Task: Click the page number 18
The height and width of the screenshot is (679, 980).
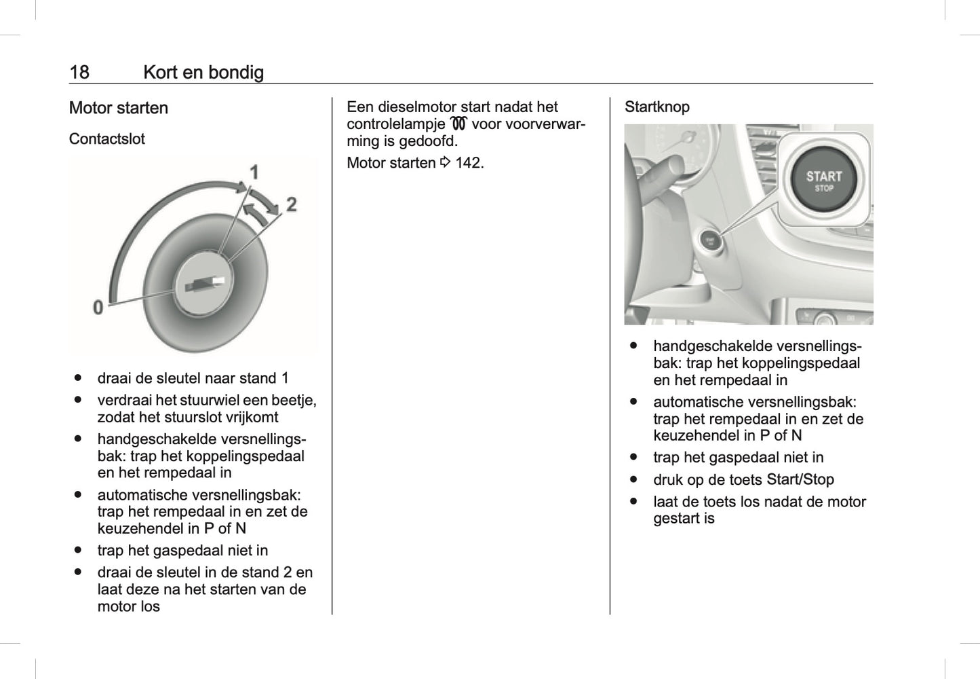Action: click(x=79, y=72)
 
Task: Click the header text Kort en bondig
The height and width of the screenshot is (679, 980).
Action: click(x=203, y=72)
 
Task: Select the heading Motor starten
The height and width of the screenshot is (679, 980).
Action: click(x=119, y=108)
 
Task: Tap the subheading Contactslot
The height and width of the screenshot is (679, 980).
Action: click(x=107, y=139)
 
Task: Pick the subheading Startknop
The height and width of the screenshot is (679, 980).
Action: click(x=656, y=107)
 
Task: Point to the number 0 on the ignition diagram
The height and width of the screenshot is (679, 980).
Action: click(x=98, y=307)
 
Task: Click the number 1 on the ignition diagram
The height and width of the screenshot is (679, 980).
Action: click(x=254, y=172)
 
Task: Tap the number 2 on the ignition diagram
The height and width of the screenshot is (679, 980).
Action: click(x=291, y=204)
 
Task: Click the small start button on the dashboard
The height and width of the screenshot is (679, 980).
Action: click(x=709, y=240)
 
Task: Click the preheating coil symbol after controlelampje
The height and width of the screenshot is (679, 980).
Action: click(x=458, y=124)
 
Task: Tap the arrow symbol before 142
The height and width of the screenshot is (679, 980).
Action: click(x=445, y=163)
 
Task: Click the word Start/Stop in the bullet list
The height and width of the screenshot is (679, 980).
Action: click(x=800, y=479)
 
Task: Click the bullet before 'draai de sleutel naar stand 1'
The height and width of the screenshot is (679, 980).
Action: click(x=79, y=378)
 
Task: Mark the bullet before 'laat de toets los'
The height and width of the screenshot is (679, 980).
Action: click(x=634, y=501)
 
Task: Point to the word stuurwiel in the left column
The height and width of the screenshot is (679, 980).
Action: click(x=209, y=400)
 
